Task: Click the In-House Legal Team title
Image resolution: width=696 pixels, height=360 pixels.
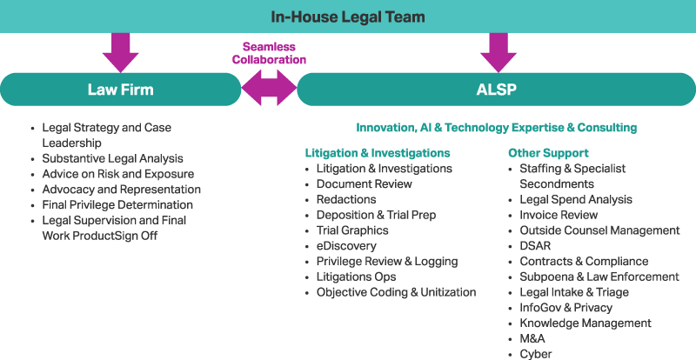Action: (347, 17)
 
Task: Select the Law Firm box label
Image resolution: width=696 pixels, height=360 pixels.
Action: (120, 90)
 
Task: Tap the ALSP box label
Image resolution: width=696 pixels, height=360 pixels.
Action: (497, 90)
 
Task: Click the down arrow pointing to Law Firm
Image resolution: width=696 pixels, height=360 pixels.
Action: (120, 53)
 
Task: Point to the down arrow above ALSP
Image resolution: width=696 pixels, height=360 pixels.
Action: (498, 53)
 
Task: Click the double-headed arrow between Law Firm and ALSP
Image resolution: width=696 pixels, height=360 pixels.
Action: (269, 90)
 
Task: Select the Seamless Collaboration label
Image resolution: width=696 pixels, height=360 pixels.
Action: (269, 53)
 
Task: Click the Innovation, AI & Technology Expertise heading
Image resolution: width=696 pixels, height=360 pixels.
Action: (496, 128)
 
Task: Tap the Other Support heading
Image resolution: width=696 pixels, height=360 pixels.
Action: (548, 153)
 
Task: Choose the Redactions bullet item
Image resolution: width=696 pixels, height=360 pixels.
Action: (346, 199)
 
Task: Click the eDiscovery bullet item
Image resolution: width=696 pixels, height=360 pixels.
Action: (346, 246)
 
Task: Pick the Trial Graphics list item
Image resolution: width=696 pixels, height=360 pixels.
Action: (352, 230)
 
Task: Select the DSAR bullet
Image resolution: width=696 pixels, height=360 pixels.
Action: (535, 245)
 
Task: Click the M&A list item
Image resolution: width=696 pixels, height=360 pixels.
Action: (533, 338)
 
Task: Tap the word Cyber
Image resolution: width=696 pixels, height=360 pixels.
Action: (536, 354)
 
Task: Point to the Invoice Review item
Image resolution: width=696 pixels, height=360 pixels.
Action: (559, 215)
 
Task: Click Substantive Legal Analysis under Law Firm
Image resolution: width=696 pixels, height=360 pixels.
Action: (113, 158)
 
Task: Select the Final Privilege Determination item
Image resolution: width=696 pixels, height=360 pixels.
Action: (117, 205)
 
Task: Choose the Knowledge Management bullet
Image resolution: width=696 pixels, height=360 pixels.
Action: (585, 323)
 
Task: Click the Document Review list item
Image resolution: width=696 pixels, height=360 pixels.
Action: (364, 184)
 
